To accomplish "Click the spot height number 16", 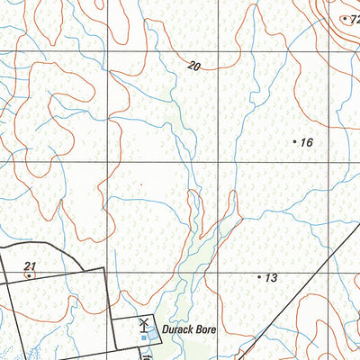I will (306, 142).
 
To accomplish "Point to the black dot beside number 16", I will (295, 141).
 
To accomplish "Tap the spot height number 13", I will (270, 278).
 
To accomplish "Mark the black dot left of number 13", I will (259, 278).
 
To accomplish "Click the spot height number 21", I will (30, 265).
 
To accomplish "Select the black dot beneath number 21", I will (29, 275).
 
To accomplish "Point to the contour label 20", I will (194, 66).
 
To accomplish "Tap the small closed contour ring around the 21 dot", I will (34, 276).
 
